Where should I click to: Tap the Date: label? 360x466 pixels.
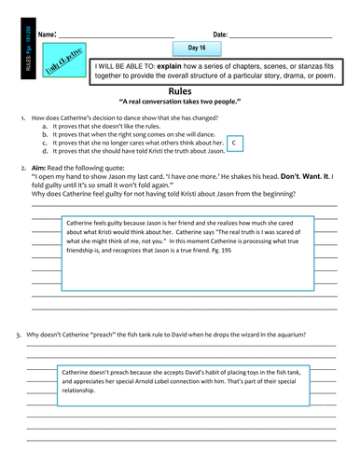(220, 34)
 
